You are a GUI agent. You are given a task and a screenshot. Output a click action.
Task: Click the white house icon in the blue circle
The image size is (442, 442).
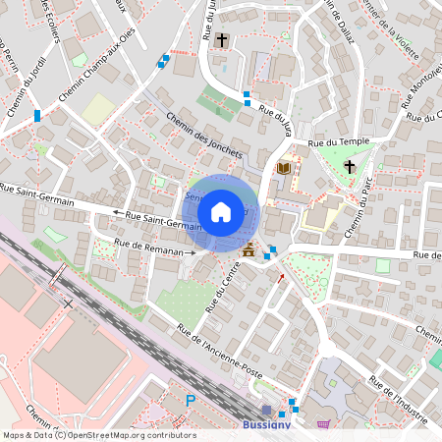221,211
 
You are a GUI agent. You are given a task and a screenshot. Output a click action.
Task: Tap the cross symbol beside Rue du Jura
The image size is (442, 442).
223,40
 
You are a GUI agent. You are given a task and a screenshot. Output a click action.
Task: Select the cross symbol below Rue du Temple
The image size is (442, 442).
350,166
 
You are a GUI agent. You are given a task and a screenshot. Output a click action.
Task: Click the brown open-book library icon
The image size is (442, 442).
284,169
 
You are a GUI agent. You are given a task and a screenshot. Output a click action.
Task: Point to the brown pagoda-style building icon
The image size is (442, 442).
248,251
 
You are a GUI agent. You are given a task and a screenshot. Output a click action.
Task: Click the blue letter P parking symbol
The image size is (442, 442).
191,400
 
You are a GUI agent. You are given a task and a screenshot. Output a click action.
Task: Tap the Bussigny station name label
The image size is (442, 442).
266,425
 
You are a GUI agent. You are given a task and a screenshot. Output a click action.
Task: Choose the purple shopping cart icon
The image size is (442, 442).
324,424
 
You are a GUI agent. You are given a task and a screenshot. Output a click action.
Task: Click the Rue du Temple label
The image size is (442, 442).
338,143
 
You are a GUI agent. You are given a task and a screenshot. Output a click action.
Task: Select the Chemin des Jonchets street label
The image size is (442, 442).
203,134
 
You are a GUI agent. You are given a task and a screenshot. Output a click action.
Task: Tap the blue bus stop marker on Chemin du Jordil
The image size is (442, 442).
37,116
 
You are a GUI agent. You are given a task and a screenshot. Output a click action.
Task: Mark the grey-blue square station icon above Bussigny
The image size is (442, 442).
266,409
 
